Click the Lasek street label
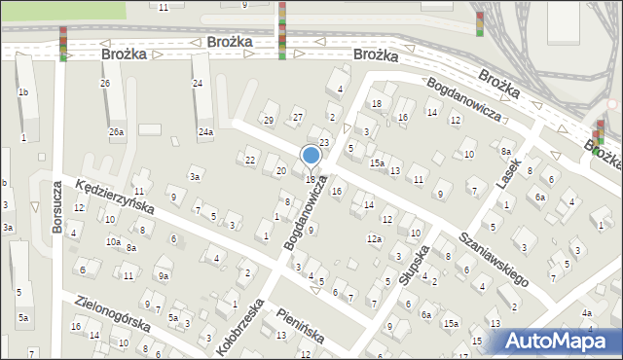click(507, 174)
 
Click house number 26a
click(116, 131)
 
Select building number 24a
click(205, 131)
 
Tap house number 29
click(268, 120)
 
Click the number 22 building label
click(250, 160)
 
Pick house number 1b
click(22, 92)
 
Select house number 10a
click(114, 241)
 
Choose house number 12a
click(374, 238)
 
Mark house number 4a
click(586, 313)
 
